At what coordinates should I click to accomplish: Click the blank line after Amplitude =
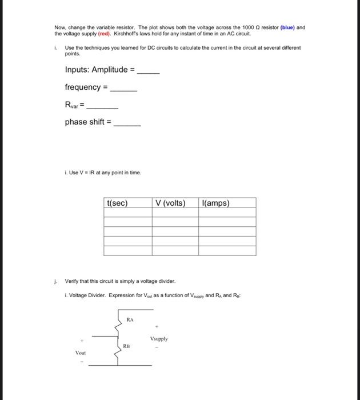(149, 73)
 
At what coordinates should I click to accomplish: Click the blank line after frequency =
(123, 90)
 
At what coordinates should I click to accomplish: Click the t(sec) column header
(117, 203)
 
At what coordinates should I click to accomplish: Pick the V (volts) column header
(170, 203)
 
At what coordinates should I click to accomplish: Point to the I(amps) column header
(216, 203)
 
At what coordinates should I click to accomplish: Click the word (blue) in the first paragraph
(287, 27)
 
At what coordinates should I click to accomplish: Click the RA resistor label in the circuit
(130, 321)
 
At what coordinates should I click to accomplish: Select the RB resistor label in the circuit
(127, 346)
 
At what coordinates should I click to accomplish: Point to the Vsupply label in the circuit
(159, 339)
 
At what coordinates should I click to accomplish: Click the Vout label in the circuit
(81, 353)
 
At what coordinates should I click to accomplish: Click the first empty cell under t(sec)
(127, 213)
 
